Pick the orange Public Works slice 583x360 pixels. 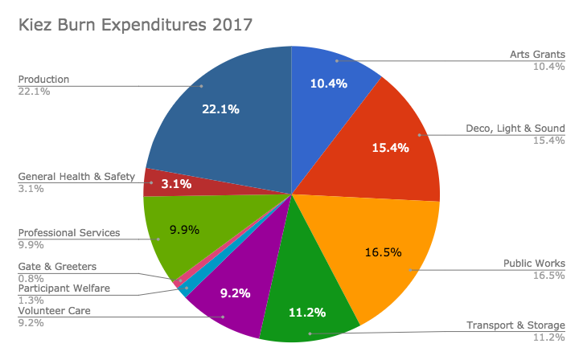(386, 249)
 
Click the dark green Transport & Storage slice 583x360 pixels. (310, 297)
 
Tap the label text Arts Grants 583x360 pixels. (537, 55)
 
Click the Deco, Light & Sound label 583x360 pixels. (515, 128)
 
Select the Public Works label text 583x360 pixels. (534, 263)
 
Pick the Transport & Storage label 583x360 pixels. (516, 325)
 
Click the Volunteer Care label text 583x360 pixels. (55, 310)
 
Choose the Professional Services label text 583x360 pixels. (69, 233)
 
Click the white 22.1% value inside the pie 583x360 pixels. (220, 109)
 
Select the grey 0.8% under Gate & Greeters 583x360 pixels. (31, 278)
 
